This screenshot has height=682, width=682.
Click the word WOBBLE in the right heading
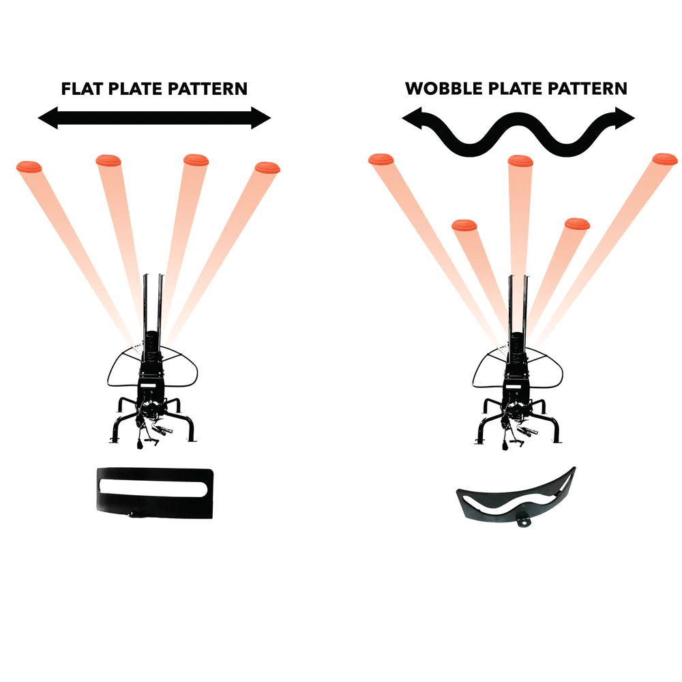pyautogui.click(x=444, y=89)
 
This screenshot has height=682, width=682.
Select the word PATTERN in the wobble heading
pyautogui.click(x=587, y=89)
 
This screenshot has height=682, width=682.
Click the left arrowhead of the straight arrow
pyautogui.click(x=48, y=118)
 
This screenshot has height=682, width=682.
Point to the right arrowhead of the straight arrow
pyautogui.click(x=261, y=118)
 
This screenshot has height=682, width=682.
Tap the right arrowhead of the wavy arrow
pyautogui.click(x=625, y=118)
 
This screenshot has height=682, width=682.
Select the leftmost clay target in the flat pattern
pyautogui.click(x=29, y=166)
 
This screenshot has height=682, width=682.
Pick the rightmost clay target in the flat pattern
pyautogui.click(x=267, y=168)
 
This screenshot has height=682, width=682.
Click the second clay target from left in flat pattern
pyautogui.click(x=108, y=160)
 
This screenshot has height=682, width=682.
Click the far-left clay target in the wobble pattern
pyautogui.click(x=381, y=159)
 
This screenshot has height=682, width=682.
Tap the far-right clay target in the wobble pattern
pyautogui.click(x=665, y=159)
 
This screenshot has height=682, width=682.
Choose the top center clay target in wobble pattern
pyautogui.click(x=520, y=161)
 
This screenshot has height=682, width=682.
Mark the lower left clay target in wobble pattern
pyautogui.click(x=464, y=225)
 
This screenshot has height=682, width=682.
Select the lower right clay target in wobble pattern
pyautogui.click(x=577, y=224)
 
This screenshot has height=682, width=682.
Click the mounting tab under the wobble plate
pyautogui.click(x=524, y=520)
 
